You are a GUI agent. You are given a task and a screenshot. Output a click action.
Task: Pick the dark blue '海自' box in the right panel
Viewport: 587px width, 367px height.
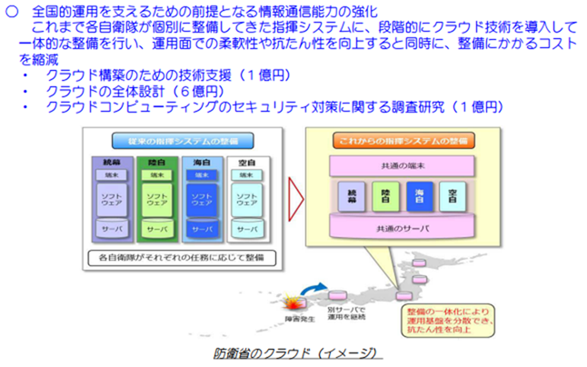click(x=419, y=196)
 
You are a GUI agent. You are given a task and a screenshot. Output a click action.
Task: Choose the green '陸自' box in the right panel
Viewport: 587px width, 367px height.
click(x=384, y=196)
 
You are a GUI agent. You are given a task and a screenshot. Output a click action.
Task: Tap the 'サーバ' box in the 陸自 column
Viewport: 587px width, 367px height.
click(x=156, y=231)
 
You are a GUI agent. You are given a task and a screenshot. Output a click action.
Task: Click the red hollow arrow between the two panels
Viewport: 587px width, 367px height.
click(x=296, y=193)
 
